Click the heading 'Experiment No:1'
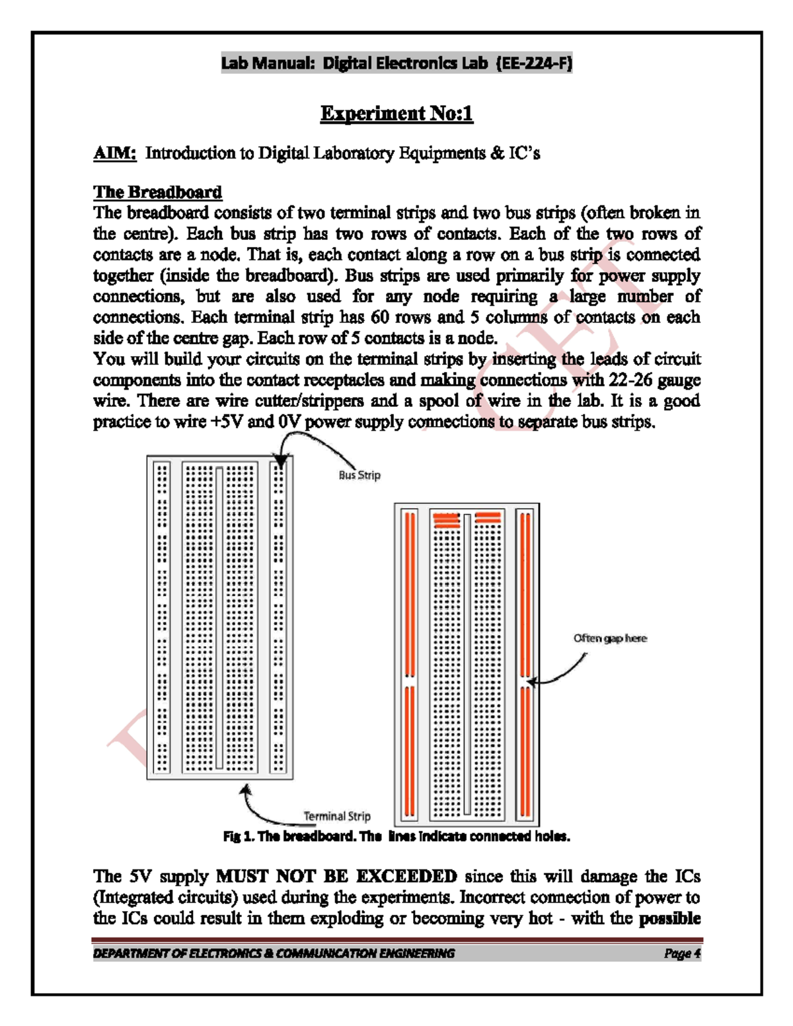[397, 114]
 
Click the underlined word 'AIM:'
[114, 153]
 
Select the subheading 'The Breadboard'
[157, 192]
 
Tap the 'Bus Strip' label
[359, 475]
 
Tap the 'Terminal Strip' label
[337, 816]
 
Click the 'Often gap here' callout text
[610, 638]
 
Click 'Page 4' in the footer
[682, 953]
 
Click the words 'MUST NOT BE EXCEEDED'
[336, 877]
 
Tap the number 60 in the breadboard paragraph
[380, 317]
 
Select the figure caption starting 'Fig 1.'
[397, 836]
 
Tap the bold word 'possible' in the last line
[669, 918]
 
